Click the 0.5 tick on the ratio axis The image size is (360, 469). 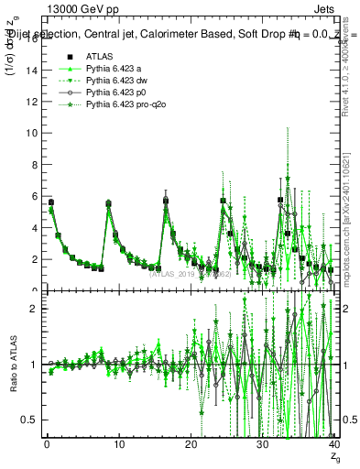tap(30, 420)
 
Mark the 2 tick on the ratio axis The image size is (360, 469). tap(35, 309)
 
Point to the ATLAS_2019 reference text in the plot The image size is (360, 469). tap(188, 273)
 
